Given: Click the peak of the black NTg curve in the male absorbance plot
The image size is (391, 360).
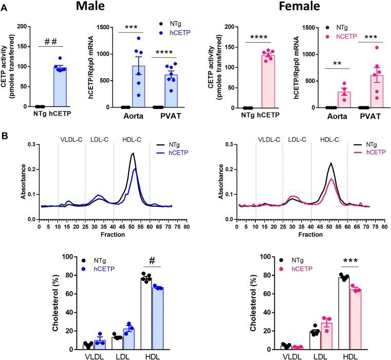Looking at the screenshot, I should point(133,153).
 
